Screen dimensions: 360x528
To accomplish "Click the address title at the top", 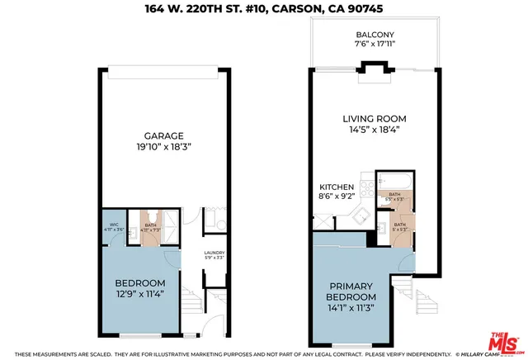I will (264, 10).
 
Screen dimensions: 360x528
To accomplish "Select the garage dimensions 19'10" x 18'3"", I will (163, 148).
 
